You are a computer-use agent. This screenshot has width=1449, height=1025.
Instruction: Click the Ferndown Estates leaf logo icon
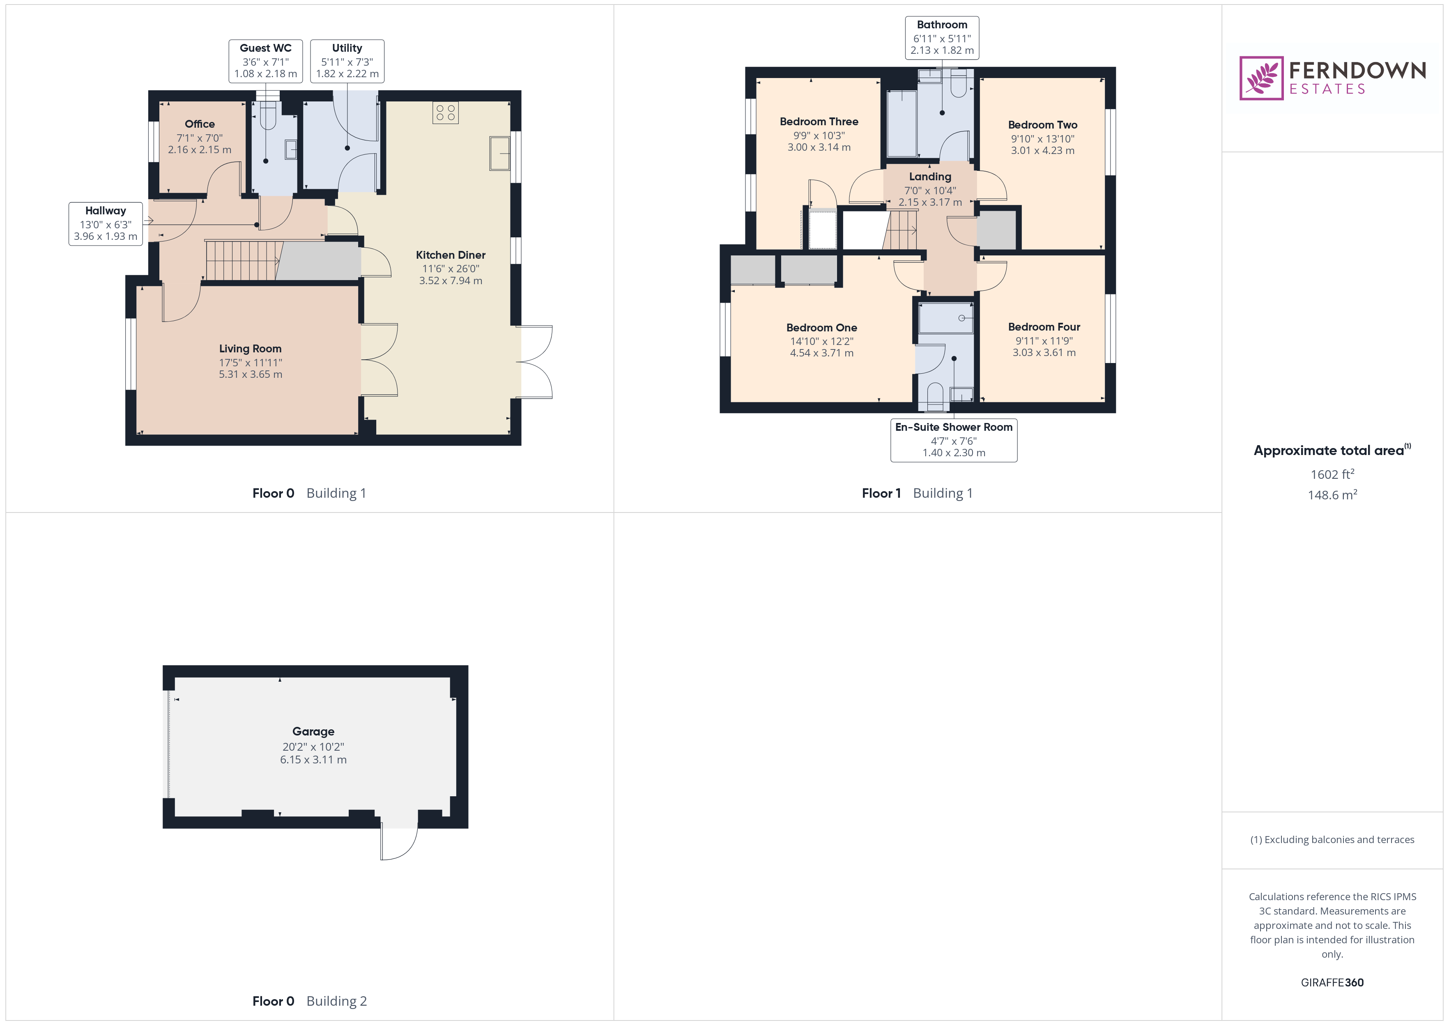point(1261,78)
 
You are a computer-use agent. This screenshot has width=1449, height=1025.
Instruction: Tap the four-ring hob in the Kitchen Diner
point(446,113)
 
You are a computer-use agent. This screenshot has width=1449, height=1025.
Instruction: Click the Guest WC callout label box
point(266,61)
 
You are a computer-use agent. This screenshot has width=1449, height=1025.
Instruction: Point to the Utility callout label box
point(347,61)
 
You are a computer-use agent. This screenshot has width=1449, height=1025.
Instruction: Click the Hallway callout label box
point(106,223)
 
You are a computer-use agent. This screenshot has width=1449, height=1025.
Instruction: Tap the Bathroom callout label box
point(942,38)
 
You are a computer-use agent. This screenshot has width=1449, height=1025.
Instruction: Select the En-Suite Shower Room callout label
point(954,440)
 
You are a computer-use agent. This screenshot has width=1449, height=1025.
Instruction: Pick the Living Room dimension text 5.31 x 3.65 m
point(251,374)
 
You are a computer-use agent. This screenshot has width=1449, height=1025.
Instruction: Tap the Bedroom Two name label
point(1042,125)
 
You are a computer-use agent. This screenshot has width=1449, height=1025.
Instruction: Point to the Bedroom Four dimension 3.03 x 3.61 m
point(1044,353)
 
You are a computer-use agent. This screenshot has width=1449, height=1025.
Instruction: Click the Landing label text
point(930,177)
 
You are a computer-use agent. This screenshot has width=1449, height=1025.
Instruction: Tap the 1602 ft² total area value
point(1332,474)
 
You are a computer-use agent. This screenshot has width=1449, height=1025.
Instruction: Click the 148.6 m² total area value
point(1332,495)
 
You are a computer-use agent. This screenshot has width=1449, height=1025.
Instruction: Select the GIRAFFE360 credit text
point(1332,983)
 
